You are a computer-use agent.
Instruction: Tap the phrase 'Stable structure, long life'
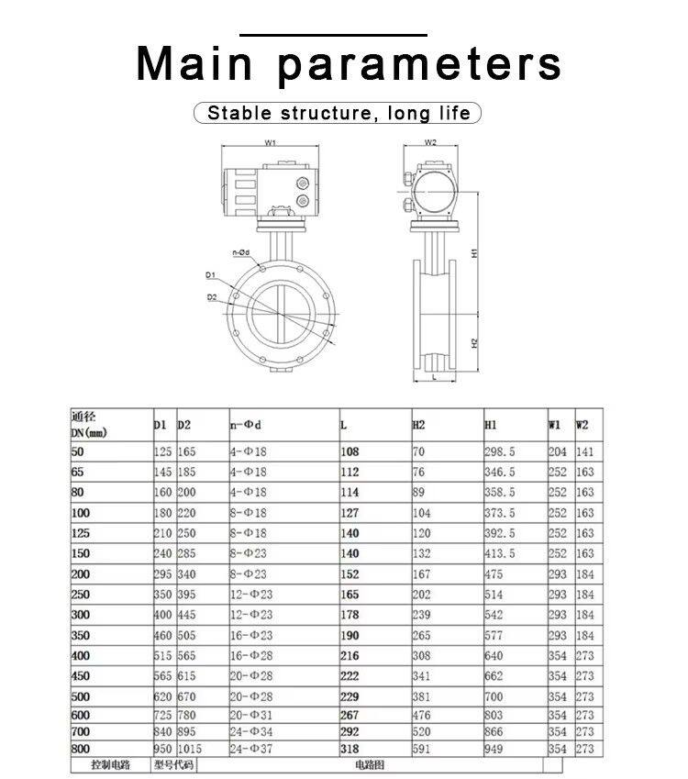tap(338, 114)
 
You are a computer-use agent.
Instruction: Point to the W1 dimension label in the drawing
tap(271, 143)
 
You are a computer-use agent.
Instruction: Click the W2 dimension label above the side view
tap(431, 143)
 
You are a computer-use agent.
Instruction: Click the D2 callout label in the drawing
tap(212, 297)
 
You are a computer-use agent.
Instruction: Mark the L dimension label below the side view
tap(433, 376)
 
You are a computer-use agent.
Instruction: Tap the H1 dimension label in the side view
tap(474, 252)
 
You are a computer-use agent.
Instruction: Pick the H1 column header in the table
tap(491, 425)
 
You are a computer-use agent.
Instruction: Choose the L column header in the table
tap(344, 425)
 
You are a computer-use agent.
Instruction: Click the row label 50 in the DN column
tap(76, 451)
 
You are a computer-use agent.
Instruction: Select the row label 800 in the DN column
tap(80, 749)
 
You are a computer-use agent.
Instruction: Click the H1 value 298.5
tap(500, 451)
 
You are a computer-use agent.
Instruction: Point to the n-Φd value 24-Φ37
tap(250, 749)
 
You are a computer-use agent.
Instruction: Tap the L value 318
tap(350, 749)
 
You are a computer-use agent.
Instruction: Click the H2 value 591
tap(422, 749)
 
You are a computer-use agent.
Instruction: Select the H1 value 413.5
tap(500, 554)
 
